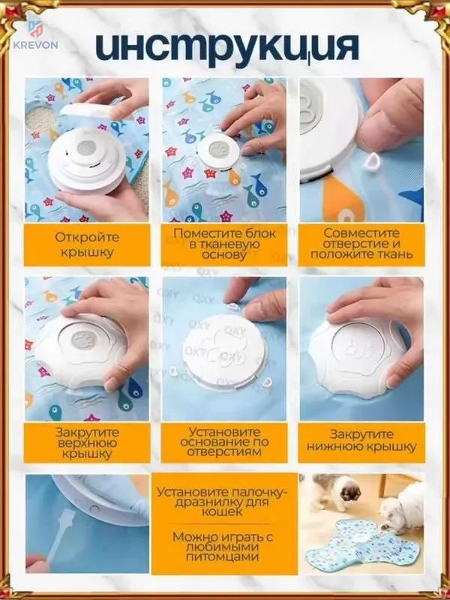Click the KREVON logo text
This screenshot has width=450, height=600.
[35, 45]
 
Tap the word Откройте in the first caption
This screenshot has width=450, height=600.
[87, 237]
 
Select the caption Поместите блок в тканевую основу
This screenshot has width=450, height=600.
[223, 244]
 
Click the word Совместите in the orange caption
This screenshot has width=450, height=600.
[361, 233]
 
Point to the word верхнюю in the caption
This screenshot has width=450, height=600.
[87, 444]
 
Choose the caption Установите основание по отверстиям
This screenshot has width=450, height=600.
[224, 442]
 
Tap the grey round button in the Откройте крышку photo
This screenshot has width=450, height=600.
[87, 146]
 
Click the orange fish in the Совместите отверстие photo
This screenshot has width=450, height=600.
[340, 199]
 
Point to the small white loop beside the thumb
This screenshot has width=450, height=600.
[371, 162]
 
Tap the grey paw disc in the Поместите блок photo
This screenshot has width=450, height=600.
[218, 149]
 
